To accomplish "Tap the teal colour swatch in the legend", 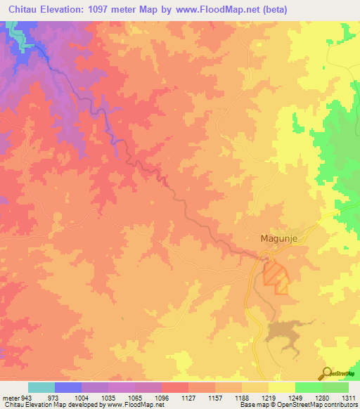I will pos(41,387).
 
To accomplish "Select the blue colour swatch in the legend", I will pos(68,387).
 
